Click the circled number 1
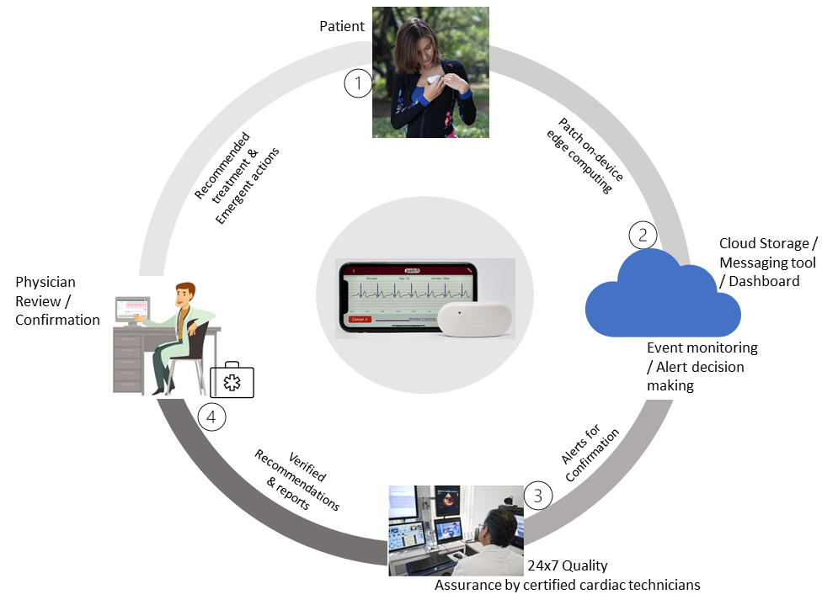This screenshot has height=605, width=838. (359, 83)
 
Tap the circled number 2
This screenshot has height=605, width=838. (643, 235)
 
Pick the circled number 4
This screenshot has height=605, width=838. (211, 417)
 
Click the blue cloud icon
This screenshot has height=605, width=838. (662, 295)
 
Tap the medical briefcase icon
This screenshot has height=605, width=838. (232, 380)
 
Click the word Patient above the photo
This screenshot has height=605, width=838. (342, 26)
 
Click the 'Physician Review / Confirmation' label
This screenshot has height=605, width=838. (57, 300)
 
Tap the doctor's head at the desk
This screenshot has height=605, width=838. (187, 297)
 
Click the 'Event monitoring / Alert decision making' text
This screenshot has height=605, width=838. (702, 366)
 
